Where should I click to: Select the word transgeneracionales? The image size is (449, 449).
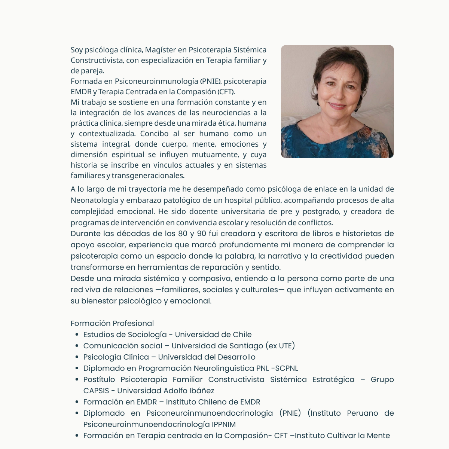pos(148,175)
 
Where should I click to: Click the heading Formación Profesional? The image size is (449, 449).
pos(112,323)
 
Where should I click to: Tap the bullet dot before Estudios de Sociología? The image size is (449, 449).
pos(77,335)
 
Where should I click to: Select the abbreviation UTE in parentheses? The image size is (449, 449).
pos(285,346)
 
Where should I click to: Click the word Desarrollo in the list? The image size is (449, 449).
pos(236,357)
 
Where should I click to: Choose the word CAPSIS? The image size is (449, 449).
pos(96,391)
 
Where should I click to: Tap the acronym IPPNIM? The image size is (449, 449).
pos(224,424)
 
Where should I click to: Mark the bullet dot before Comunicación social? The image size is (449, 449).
pos(77,346)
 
